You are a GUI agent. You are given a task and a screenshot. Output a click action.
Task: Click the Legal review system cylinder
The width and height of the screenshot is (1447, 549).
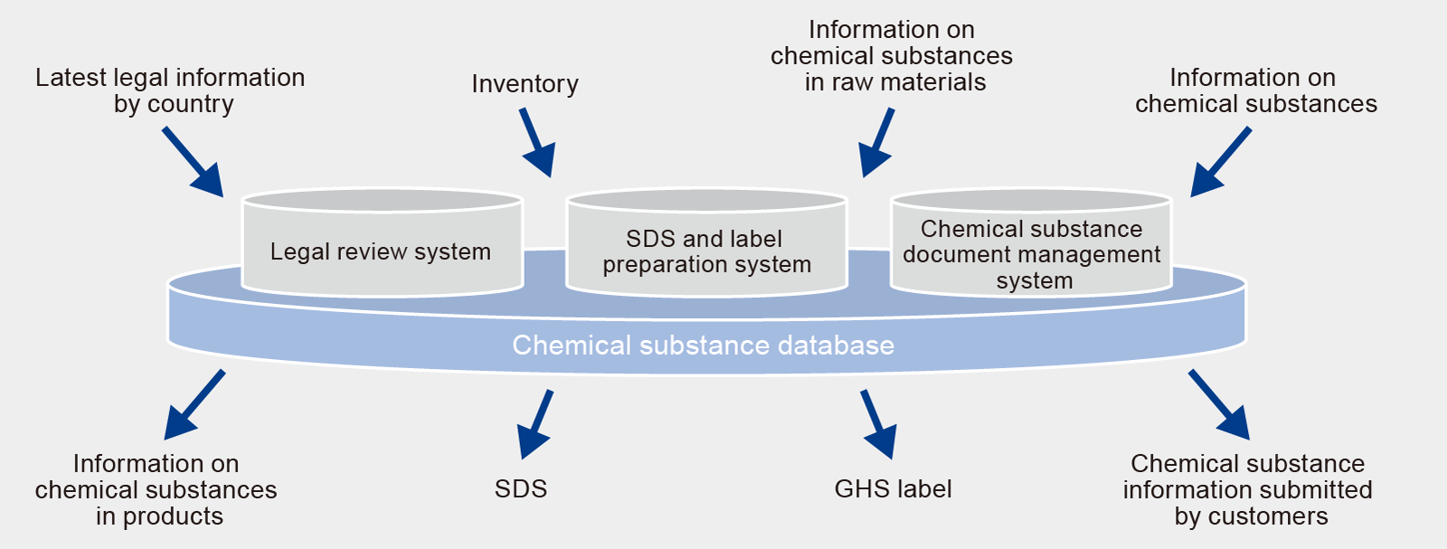(382, 251)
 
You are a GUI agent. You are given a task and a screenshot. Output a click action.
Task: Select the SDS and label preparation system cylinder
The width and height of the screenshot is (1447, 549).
(706, 251)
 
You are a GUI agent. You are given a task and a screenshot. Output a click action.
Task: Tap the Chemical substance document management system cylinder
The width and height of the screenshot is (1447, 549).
(1031, 253)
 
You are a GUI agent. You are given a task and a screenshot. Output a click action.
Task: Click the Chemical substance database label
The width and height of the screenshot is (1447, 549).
(703, 345)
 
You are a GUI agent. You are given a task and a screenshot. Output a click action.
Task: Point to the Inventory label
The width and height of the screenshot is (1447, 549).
(525, 84)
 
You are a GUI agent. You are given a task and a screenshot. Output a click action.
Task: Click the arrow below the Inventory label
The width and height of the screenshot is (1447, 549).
(537, 143)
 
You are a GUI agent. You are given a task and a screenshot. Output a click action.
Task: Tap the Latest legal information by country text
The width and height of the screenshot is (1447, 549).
(170, 90)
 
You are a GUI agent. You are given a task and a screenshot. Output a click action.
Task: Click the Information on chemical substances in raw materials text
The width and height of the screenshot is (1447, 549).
(892, 56)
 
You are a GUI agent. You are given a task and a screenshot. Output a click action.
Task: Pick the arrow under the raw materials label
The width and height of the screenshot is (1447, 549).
(876, 143)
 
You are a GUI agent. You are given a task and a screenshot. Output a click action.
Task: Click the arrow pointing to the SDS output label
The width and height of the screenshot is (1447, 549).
(535, 424)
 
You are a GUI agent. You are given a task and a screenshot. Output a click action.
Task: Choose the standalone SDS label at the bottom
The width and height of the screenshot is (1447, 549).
(521, 489)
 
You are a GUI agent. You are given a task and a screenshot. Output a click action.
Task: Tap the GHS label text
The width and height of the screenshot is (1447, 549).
(893, 489)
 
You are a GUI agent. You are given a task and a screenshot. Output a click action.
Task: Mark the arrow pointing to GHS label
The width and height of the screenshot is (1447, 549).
(878, 424)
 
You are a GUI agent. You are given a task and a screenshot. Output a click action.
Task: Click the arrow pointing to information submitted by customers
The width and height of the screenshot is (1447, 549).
(1219, 404)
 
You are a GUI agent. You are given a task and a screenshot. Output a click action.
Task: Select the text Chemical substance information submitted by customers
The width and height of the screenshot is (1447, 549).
(1247, 489)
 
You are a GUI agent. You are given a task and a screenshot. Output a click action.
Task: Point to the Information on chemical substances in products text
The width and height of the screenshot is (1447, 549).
(156, 489)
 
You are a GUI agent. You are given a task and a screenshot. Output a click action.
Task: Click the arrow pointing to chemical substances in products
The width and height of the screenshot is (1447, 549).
(194, 404)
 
